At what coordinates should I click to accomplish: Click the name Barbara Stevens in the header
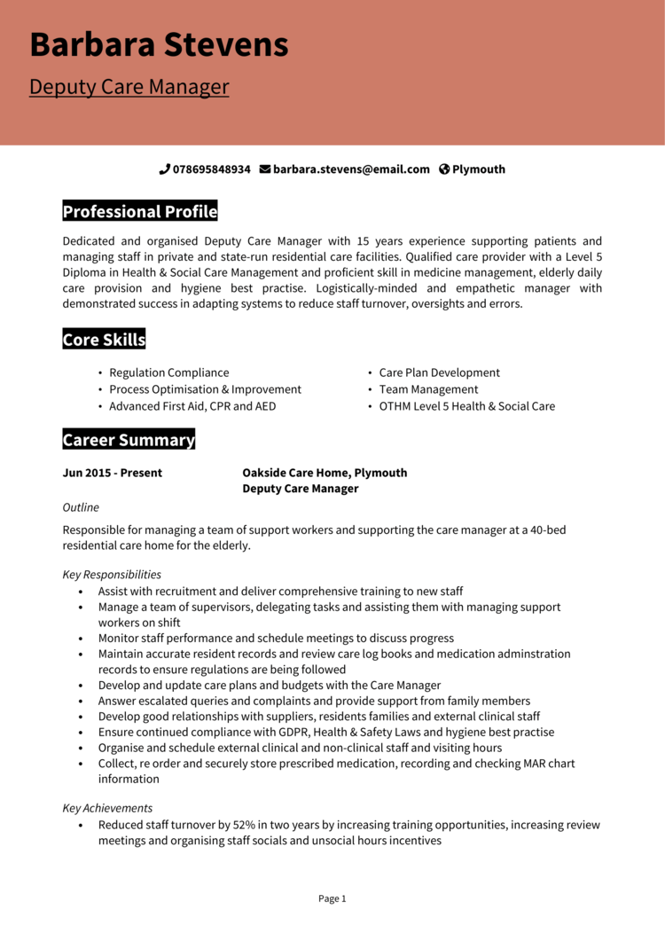(159, 44)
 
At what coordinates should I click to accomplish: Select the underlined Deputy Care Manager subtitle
(129, 87)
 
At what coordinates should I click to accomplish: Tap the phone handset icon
(164, 169)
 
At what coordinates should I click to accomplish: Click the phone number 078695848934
(211, 169)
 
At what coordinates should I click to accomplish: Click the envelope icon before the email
(264, 169)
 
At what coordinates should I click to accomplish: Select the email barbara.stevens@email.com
(351, 169)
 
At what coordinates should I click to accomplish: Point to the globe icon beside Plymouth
(444, 169)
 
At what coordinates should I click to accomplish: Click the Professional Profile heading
(139, 212)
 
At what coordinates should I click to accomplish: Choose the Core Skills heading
(104, 340)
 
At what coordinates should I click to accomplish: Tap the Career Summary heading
(129, 440)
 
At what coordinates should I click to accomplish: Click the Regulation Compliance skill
(168, 373)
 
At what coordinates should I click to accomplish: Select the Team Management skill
(428, 389)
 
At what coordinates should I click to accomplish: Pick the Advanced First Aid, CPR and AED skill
(192, 406)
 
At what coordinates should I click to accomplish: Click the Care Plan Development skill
(439, 373)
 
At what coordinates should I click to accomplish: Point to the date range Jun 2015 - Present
(112, 473)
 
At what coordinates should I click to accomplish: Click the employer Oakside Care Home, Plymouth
(325, 473)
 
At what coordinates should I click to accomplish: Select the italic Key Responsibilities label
(112, 575)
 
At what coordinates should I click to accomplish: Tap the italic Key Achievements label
(107, 808)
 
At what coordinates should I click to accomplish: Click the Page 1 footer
(332, 898)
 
